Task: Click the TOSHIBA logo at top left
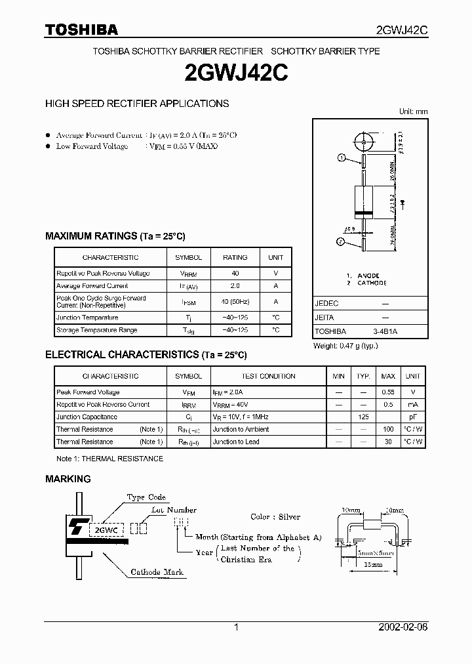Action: coord(81,30)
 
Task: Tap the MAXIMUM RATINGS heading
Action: coord(115,236)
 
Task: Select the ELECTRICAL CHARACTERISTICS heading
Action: coord(146,355)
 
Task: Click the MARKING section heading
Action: coord(68,479)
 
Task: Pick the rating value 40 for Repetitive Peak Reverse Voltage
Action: coord(235,273)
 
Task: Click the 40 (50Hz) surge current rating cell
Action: coord(235,302)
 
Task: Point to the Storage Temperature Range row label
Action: coord(97,330)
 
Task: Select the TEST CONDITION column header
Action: coord(269,377)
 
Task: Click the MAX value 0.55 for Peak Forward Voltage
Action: coord(388,392)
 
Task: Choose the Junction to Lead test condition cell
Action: coord(236,442)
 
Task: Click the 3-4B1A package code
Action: coord(385,332)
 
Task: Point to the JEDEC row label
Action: coord(326,304)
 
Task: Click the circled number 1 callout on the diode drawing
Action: coord(342,157)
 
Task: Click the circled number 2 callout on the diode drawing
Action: coord(342,242)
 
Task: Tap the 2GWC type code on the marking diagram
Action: coord(107,528)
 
